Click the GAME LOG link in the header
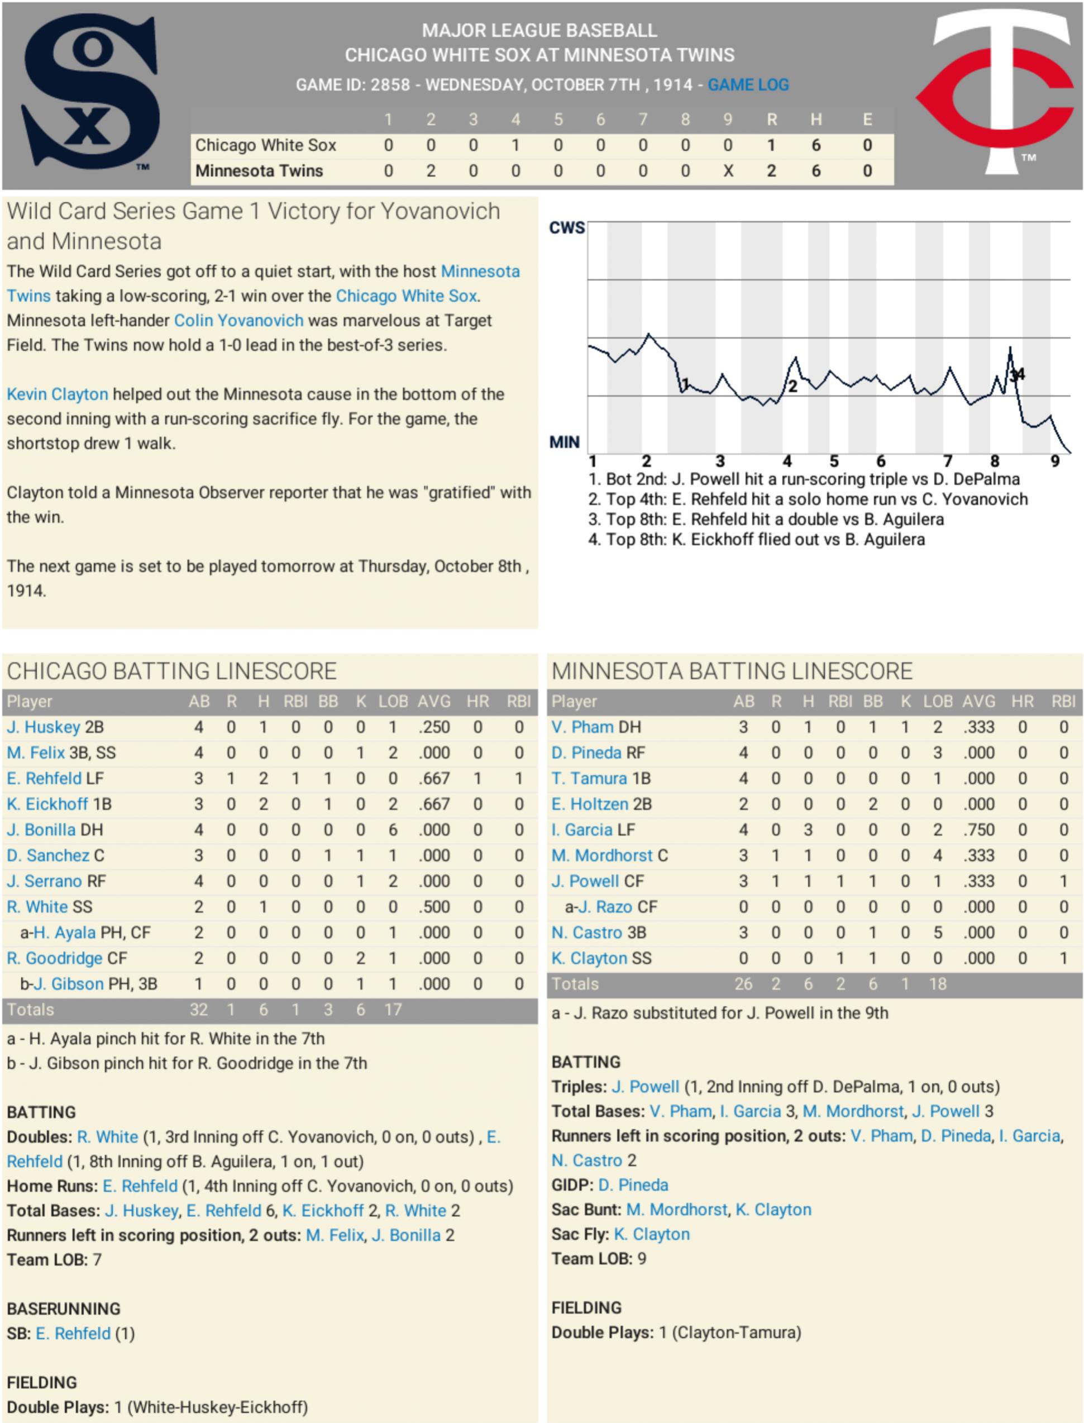(x=748, y=84)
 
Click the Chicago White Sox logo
(x=90, y=93)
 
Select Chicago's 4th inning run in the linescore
(x=515, y=145)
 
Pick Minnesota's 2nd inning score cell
(x=431, y=171)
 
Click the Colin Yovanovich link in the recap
(x=238, y=321)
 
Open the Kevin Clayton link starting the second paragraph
(x=58, y=394)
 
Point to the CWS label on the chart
(x=566, y=228)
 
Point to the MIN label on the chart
(x=565, y=442)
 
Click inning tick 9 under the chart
(x=1055, y=461)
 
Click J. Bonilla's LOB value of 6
(x=392, y=830)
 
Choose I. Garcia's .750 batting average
(x=979, y=830)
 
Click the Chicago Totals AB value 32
(x=199, y=1010)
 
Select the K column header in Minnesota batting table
(x=905, y=702)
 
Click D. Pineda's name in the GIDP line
(x=633, y=1185)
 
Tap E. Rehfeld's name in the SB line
(x=73, y=1333)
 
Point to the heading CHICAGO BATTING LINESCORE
(x=171, y=671)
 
